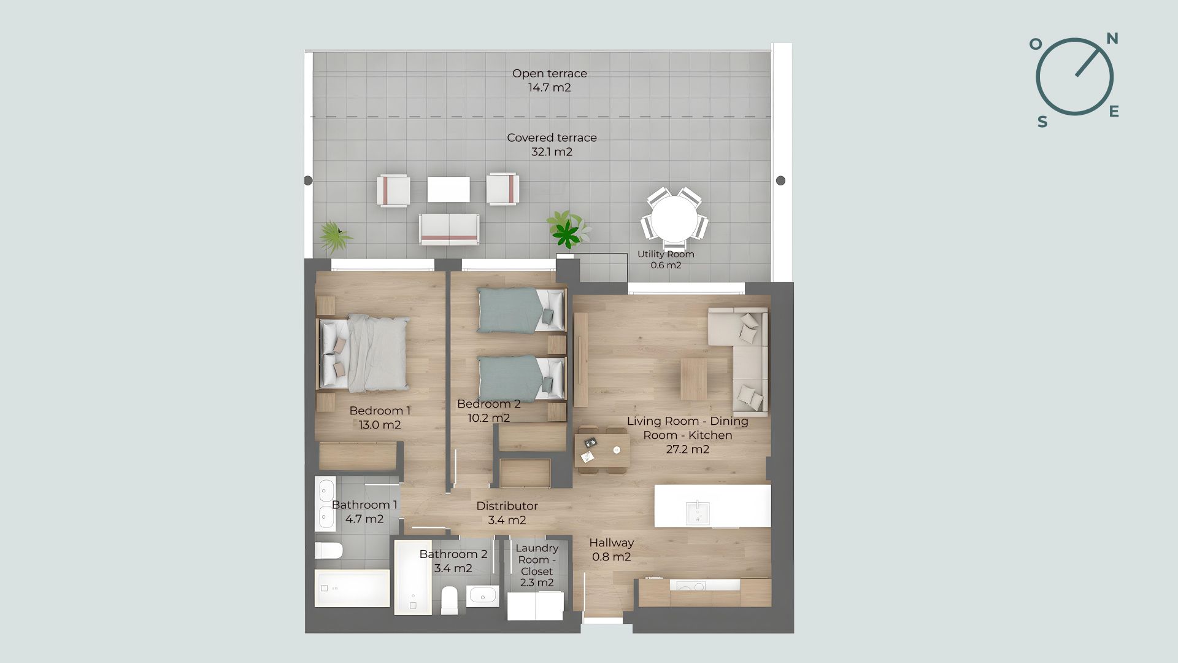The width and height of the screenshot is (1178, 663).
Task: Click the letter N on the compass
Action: pos(1112,39)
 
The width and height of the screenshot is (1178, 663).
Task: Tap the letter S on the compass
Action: pos(1042,122)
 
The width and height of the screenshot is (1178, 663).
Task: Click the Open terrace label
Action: pos(550,73)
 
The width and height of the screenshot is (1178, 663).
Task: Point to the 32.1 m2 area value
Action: pos(552,152)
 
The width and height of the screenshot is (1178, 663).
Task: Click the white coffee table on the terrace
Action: pos(448,189)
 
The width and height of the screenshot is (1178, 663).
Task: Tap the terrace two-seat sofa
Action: pos(449,229)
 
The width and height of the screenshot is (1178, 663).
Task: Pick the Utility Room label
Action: pos(666,254)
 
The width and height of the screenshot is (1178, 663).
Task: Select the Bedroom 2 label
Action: pos(489,404)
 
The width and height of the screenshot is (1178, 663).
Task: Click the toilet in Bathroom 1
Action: pos(328,550)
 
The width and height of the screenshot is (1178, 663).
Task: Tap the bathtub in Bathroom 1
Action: pos(352,588)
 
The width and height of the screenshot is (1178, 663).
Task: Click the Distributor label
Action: pos(507,506)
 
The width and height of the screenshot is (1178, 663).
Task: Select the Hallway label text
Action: pos(611,543)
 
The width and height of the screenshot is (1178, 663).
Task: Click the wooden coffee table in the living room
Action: pos(693,379)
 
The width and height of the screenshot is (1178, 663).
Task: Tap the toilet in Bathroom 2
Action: pos(449,600)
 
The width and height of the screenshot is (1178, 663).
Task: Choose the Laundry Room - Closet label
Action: pos(537,559)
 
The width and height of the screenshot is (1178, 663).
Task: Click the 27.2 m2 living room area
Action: pos(688,449)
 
